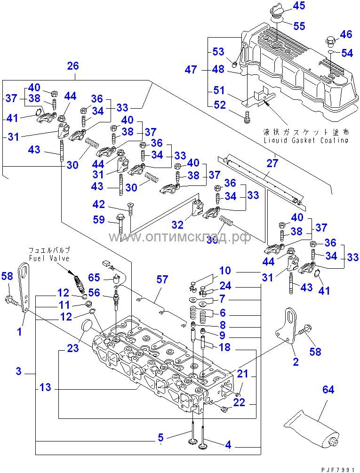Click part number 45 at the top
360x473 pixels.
point(299,6)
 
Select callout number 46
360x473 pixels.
point(346,34)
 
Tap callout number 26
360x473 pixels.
point(73,65)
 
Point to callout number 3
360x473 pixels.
point(18,371)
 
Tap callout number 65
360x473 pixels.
point(94,277)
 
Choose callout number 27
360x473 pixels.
point(273,163)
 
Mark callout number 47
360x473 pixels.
point(191,70)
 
